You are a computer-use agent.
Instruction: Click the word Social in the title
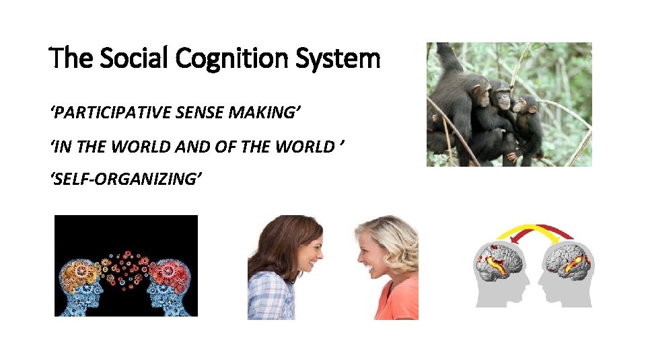[x=135, y=59]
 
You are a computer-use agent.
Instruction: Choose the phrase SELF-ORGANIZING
[x=126, y=179]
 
